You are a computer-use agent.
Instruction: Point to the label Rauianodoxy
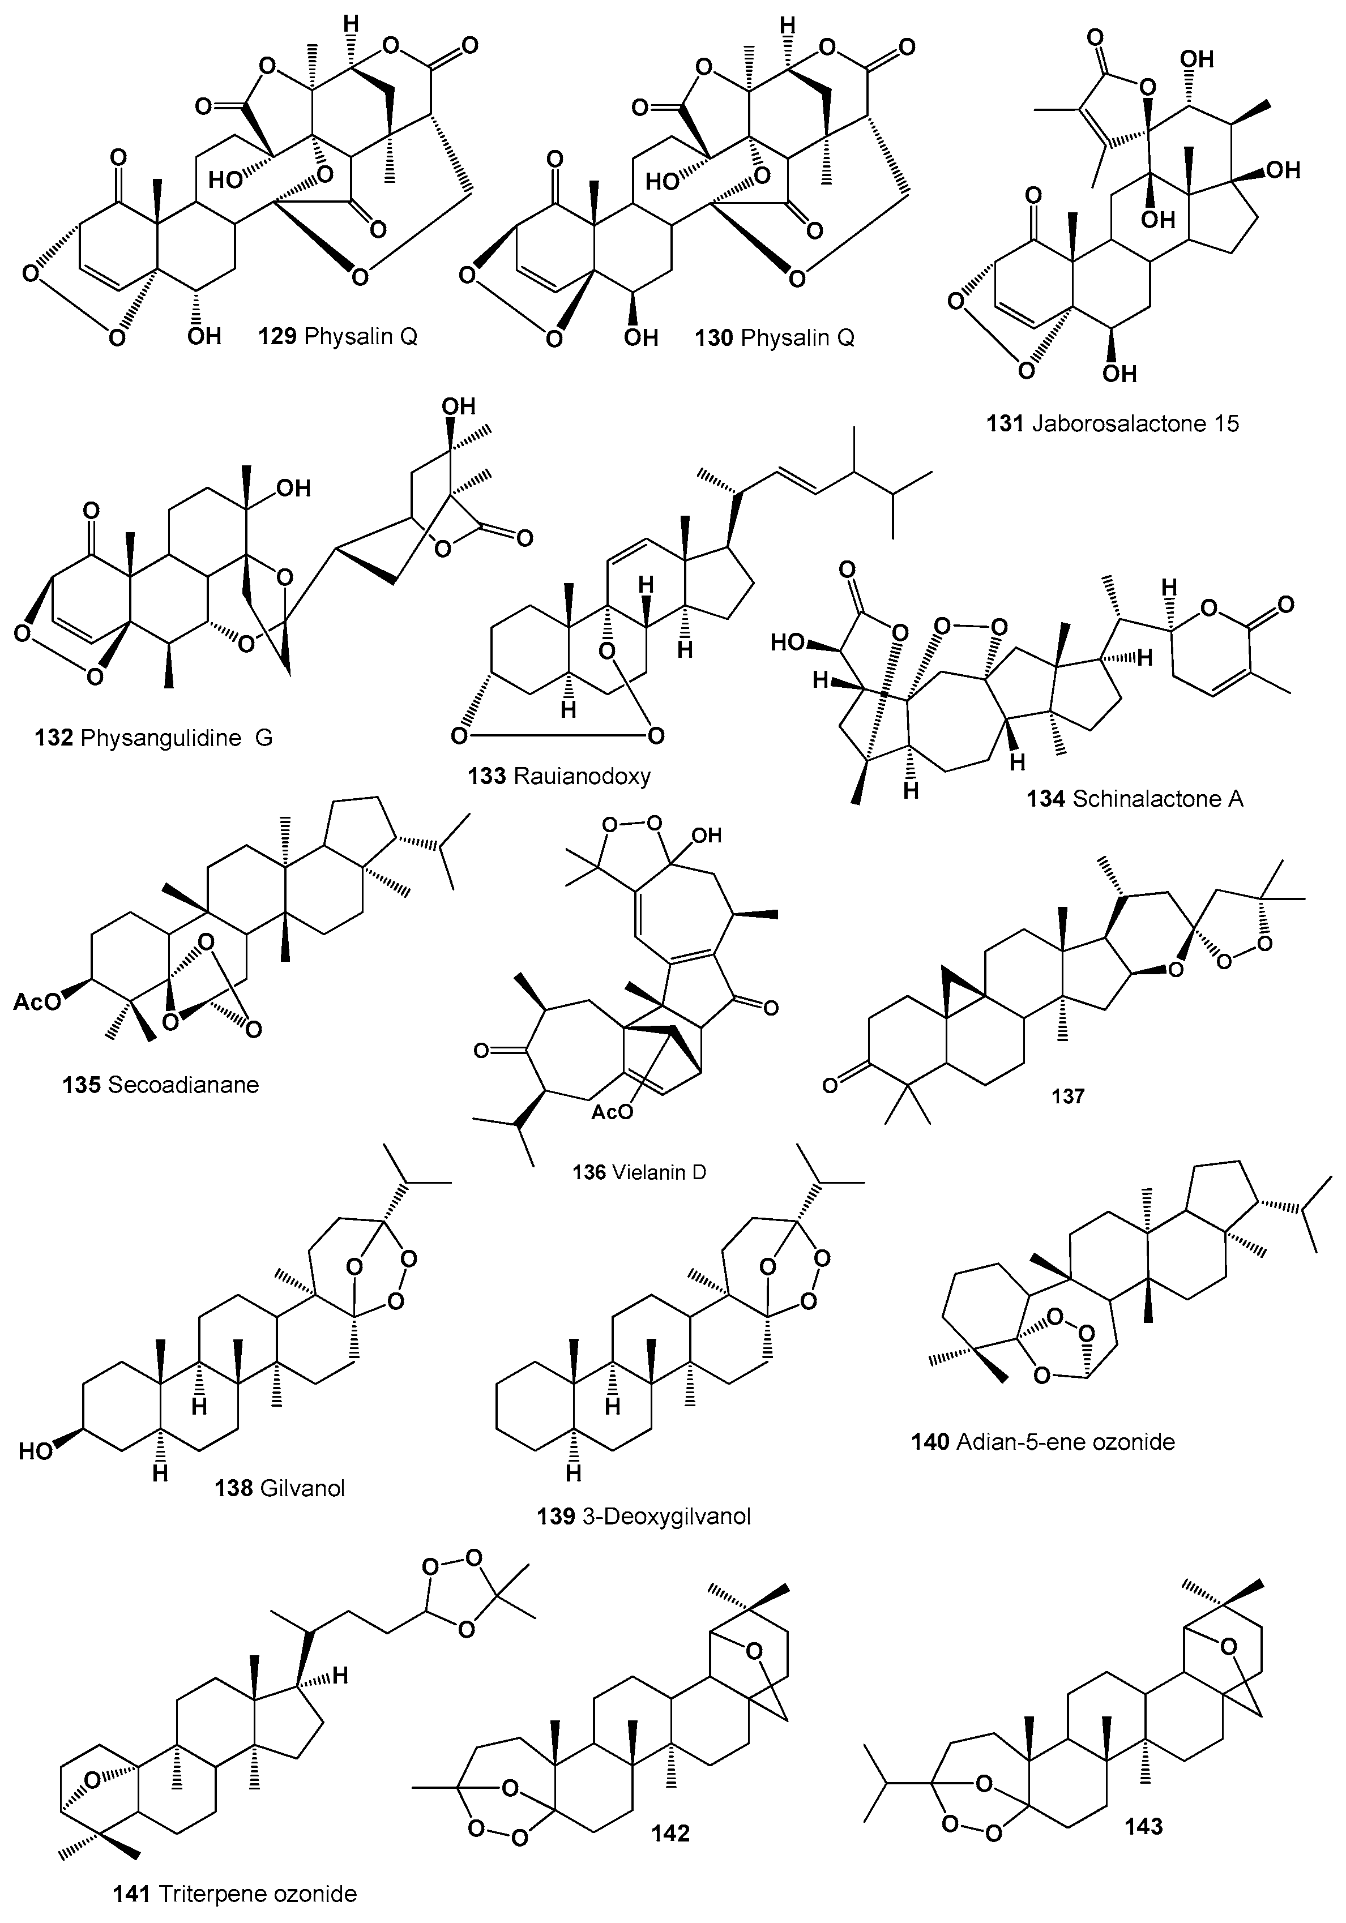[x=582, y=777]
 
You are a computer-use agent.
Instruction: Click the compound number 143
[x=1143, y=1825]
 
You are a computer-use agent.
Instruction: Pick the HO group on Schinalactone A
[x=787, y=643]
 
